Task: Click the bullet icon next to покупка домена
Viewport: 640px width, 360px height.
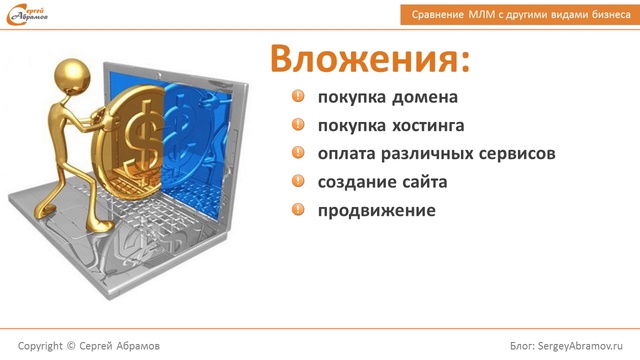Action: coord(298,98)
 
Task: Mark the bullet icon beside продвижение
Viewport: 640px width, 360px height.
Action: coord(298,209)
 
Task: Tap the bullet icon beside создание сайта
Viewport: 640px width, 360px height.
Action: coord(298,181)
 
